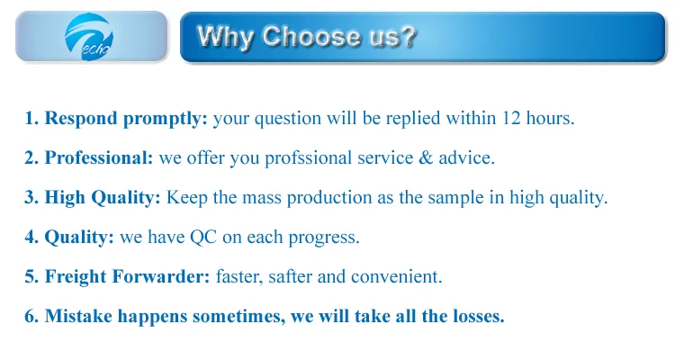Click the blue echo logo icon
[x=89, y=37]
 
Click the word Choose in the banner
[x=311, y=36]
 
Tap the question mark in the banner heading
[x=409, y=36]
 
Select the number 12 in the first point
[x=511, y=118]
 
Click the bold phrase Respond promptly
[x=126, y=119]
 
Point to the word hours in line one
[x=550, y=118]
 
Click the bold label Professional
[x=99, y=157]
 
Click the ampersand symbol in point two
[x=426, y=157]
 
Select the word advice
[x=466, y=157]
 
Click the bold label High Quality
[x=103, y=198]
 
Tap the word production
[x=329, y=198]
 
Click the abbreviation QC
[x=203, y=237]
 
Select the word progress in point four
[x=324, y=238]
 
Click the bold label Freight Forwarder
[x=128, y=276]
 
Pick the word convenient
[x=397, y=276]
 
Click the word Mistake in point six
[x=79, y=316]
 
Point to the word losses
[x=478, y=316]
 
